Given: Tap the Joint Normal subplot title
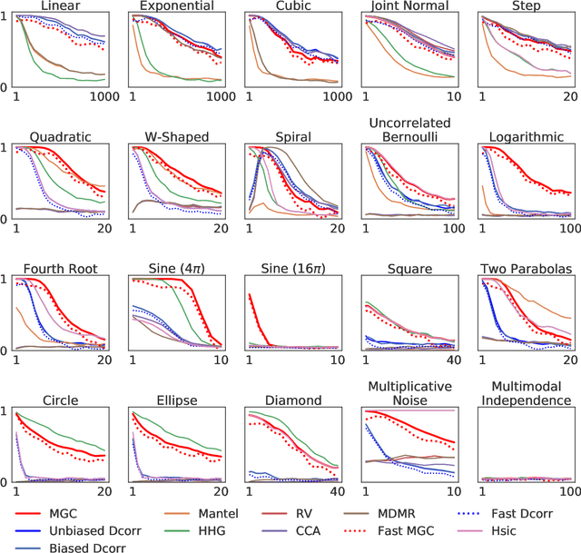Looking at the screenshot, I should point(407,7).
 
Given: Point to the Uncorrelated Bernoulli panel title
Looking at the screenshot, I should point(407,130).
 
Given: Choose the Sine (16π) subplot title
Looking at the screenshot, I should point(291,269).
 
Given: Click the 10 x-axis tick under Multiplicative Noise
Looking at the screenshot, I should point(456,491).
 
